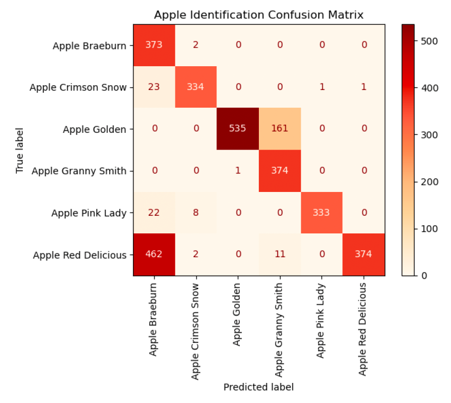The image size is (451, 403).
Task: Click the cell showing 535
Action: click(238, 129)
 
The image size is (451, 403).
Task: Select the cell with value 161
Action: click(280, 129)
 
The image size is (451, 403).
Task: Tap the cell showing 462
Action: click(154, 254)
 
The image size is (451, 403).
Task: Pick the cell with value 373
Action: click(154, 45)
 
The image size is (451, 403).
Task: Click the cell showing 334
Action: click(196, 87)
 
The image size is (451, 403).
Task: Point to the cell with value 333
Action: click(321, 212)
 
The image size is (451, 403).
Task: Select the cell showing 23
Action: click(154, 87)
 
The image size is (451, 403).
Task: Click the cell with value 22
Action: click(154, 212)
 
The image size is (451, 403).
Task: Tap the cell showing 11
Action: click(280, 254)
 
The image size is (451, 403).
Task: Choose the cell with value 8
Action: click(196, 212)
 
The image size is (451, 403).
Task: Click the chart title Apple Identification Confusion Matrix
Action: click(258, 15)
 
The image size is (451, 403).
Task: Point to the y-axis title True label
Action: click(20, 150)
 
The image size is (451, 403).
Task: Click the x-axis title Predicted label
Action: click(258, 387)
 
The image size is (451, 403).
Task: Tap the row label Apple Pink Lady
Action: click(89, 213)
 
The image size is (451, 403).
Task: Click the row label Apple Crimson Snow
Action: click(78, 88)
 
